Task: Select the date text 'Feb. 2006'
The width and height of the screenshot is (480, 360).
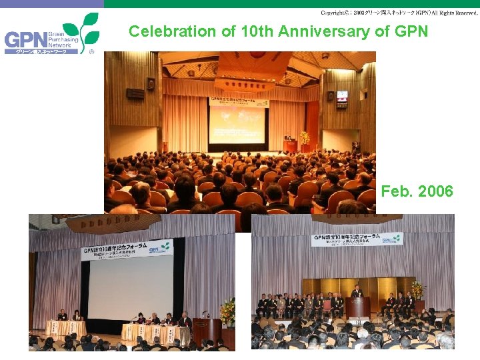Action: [417, 192]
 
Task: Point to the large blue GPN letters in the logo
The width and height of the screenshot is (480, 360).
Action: [25, 41]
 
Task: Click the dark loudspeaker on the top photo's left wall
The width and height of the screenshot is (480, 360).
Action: [151, 84]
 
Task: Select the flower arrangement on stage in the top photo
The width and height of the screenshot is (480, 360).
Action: [305, 139]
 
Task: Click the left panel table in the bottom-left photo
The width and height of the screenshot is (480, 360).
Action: [65, 328]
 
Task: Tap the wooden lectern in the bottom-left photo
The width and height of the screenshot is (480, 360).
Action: [207, 329]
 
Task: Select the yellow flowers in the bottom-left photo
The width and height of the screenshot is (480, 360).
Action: [227, 310]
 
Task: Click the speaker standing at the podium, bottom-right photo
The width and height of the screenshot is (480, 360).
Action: [357, 292]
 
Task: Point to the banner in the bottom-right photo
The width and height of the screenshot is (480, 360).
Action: [357, 239]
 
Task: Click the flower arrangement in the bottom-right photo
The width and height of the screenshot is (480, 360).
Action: [417, 291]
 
